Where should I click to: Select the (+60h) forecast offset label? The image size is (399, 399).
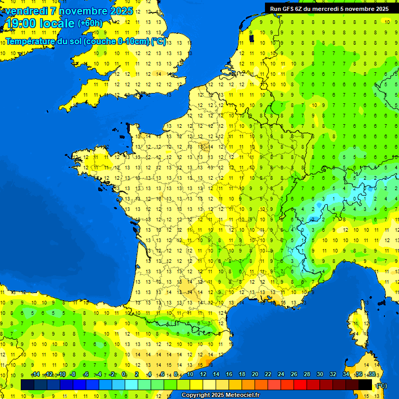click(90, 23)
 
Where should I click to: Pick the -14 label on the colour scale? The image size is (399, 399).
click(35, 375)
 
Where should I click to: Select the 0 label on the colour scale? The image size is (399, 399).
click(124, 375)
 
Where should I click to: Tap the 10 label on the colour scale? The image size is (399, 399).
click(190, 375)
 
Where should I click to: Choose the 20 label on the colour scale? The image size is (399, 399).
click(255, 375)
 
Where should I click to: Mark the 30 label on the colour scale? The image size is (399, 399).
click(320, 375)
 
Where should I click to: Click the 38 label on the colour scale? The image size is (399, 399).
click(371, 375)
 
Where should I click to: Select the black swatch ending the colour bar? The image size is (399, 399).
click(365, 384)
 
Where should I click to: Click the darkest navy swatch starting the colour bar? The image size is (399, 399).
click(28, 384)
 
